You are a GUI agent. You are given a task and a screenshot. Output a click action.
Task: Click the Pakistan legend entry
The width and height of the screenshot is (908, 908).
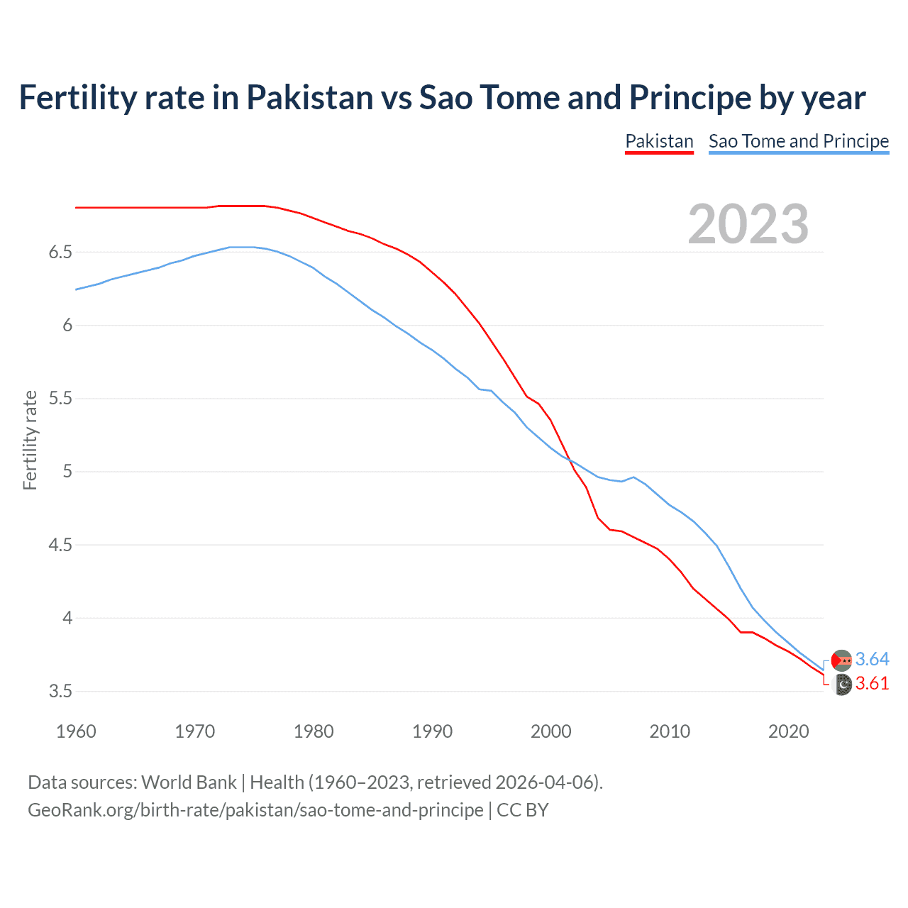[x=659, y=141]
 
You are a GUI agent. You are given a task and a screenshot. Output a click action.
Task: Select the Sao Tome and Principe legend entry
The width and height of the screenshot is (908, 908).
[x=799, y=141]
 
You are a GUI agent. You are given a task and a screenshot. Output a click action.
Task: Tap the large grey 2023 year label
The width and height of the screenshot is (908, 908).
[x=748, y=224]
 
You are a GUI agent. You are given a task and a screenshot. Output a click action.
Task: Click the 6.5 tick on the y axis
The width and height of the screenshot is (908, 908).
[x=60, y=253]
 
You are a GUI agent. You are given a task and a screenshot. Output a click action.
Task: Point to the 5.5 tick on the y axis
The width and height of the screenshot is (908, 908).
[x=60, y=399]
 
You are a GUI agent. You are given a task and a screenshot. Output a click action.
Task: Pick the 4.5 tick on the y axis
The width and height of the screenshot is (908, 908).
[x=60, y=545]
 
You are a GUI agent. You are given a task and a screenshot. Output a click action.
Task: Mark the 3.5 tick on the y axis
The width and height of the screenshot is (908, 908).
[x=60, y=691]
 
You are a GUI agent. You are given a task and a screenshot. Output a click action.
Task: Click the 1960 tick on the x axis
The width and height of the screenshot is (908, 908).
[x=76, y=731]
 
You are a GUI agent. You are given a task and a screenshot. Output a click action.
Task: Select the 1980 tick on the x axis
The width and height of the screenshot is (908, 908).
[x=314, y=731]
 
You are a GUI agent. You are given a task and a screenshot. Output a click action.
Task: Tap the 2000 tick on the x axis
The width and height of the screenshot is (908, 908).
[x=551, y=731]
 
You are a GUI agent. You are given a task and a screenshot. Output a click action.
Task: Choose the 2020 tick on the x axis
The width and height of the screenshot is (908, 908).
[x=788, y=731]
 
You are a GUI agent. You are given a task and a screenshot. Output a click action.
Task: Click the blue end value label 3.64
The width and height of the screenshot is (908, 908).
[x=872, y=660]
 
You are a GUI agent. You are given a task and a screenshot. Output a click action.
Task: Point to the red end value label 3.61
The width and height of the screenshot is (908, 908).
[x=872, y=684]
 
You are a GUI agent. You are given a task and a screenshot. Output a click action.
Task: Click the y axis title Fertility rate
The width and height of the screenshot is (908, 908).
[x=30, y=440]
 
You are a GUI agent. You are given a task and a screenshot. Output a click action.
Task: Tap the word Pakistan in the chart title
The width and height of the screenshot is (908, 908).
[x=310, y=98]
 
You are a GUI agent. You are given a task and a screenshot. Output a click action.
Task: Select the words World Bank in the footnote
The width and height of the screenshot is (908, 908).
[x=189, y=782]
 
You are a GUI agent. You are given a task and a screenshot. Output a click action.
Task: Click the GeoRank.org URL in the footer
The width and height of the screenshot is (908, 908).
[x=255, y=810]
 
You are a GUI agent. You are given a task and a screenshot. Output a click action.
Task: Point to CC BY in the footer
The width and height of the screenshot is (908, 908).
[x=523, y=810]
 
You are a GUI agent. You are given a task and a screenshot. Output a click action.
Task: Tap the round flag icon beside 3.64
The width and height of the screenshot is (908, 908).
[x=841, y=660]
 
